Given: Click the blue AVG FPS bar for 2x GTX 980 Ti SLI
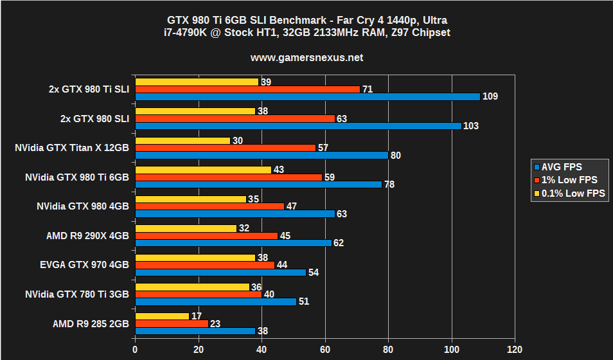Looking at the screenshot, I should [307, 96].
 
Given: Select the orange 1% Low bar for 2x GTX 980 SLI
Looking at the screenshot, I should [235, 118].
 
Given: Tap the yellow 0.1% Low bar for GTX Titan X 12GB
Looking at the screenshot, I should [182, 140].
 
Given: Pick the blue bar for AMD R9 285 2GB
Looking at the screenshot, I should [195, 331].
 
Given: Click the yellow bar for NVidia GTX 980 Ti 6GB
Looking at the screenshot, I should [202, 170].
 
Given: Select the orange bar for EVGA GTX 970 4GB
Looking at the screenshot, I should [204, 265].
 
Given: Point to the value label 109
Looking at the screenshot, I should [491, 96].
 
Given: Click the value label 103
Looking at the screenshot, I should [471, 126].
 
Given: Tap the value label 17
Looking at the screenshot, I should [197, 316].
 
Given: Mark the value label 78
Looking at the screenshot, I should [389, 184].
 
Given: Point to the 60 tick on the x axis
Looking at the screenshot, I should [324, 350].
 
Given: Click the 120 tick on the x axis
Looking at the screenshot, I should [514, 350].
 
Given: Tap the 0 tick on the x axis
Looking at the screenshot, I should [135, 350].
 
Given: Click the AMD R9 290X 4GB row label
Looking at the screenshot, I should [87, 236].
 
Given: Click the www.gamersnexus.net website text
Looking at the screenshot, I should [306, 58].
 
